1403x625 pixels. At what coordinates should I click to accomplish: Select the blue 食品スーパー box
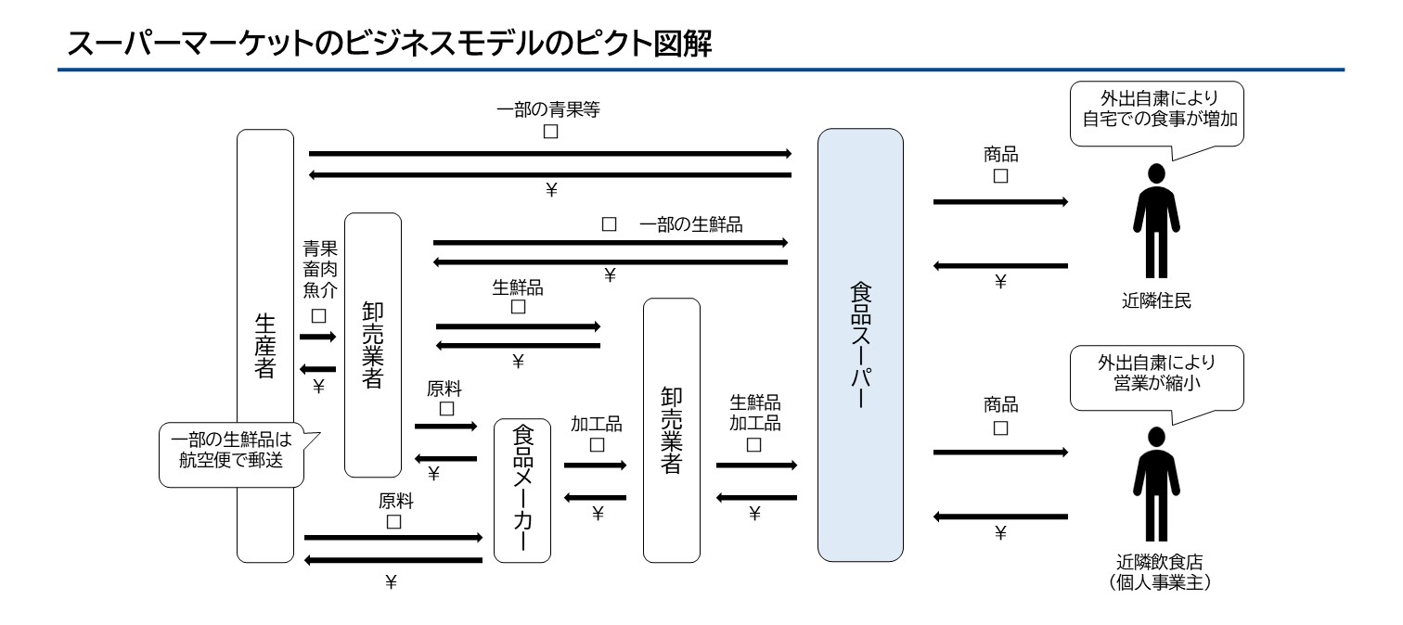coord(859,345)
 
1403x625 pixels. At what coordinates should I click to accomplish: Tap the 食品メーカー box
coord(521,491)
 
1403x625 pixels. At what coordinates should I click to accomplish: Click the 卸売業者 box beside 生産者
coord(372,345)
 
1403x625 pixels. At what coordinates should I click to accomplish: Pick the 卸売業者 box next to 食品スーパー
coord(671,430)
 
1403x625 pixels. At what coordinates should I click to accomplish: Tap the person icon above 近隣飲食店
coord(1155,484)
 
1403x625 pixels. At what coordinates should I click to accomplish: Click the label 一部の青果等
coord(550,109)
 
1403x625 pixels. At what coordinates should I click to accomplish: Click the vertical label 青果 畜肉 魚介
coord(319,269)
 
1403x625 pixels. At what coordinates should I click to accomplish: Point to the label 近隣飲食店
coord(1154,562)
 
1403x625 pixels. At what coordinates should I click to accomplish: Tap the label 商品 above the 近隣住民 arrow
coord(999,155)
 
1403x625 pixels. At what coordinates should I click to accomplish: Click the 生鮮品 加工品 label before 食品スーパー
coord(753,414)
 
